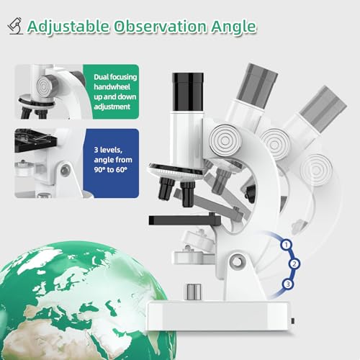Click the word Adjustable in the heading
tap(68, 27)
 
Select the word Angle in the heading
tap(228, 27)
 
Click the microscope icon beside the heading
tap(14, 27)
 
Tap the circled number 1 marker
tap(287, 245)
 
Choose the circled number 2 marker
tap(294, 264)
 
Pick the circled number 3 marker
tap(288, 285)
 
